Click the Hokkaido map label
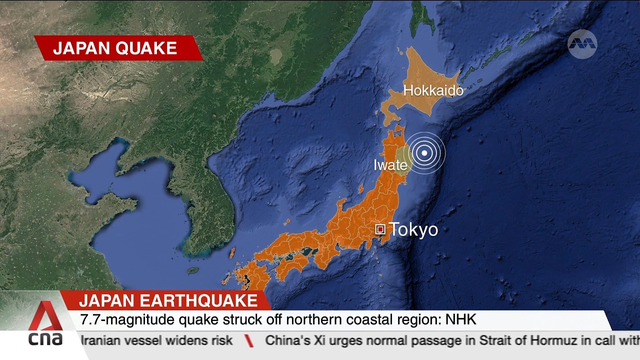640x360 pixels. [x=433, y=91]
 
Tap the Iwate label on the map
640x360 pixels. [x=390, y=165]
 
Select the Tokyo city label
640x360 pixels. [x=413, y=229]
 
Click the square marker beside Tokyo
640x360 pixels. [x=380, y=229]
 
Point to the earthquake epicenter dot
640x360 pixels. [x=424, y=153]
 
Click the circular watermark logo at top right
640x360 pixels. [x=582, y=44]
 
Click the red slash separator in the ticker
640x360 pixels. [x=248, y=341]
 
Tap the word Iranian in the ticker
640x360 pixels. [x=103, y=341]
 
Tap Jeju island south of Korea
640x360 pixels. [x=192, y=270]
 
